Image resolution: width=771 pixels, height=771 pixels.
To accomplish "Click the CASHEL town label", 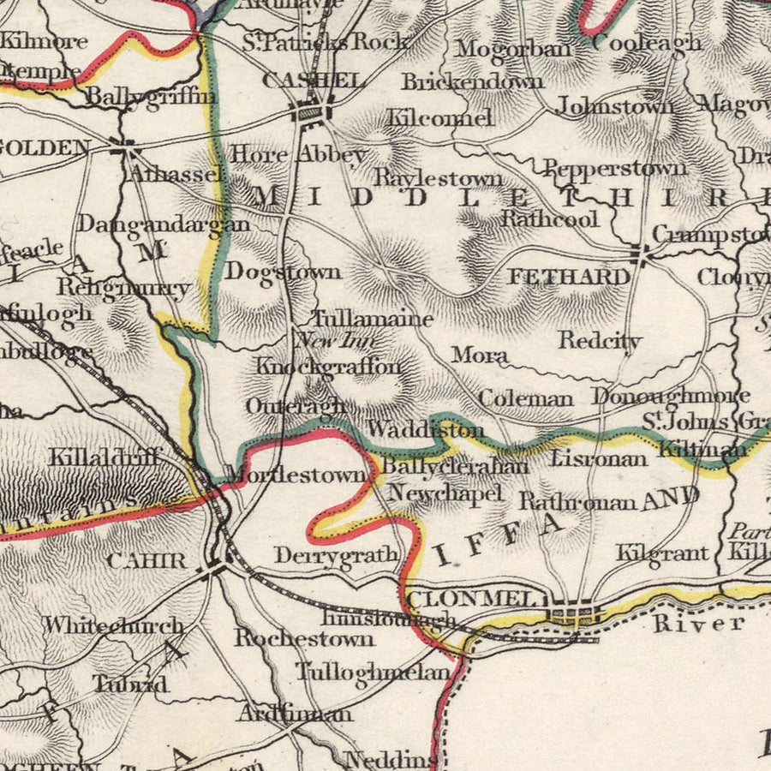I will [312, 81].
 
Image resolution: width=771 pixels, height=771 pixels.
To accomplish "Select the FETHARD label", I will [569, 277].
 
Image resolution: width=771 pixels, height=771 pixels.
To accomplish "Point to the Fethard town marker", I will [638, 253].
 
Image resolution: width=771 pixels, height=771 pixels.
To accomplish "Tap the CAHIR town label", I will [146, 562].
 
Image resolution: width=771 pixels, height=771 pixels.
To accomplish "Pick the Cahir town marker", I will [214, 567].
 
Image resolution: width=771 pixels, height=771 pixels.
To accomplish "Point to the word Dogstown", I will [284, 272].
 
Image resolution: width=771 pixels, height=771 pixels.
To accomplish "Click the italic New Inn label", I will [327, 341].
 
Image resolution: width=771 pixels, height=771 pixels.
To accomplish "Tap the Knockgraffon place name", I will [329, 367].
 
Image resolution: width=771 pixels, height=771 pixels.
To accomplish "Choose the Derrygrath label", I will [336, 555].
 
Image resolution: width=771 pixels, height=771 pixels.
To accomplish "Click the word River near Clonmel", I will [698, 623].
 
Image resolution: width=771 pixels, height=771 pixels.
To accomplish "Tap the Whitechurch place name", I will [114, 626].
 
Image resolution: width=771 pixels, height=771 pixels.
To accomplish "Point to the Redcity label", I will [601, 340].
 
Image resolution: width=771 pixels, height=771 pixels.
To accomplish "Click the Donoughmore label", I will [671, 396].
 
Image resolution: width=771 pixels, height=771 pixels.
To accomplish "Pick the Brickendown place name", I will [472, 81].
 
